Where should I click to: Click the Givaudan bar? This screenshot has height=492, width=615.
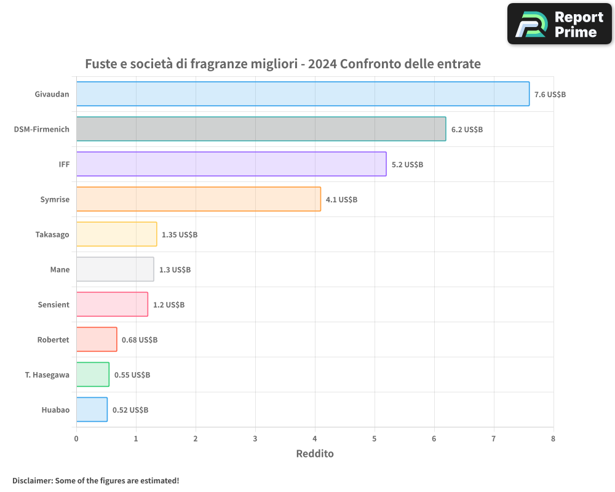303,94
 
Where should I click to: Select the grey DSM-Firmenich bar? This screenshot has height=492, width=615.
261,129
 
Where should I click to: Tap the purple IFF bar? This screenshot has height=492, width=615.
231,164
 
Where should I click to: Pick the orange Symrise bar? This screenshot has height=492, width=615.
198,199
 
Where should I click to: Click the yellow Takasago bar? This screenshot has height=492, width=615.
116,234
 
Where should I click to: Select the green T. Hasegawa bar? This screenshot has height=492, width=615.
93,375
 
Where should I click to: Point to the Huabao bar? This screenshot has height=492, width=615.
92,410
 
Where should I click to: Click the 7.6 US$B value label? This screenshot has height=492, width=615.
550,95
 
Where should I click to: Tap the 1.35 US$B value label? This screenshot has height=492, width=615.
180,235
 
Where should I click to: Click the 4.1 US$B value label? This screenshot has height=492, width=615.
341,200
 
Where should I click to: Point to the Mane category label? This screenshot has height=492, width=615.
60,269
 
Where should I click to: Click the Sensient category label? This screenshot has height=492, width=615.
54,304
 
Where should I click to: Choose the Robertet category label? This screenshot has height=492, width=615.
53,339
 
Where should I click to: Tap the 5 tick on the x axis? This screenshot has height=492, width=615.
375,438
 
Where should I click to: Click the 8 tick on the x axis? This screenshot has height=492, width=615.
553,438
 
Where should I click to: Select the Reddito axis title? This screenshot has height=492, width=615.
315,454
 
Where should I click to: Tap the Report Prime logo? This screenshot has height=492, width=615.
559,24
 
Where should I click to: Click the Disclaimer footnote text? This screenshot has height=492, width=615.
95,480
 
